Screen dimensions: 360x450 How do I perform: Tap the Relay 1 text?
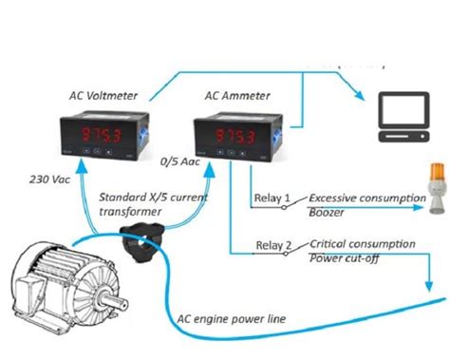coord(272,199)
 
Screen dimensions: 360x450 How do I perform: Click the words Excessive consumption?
coord(365,198)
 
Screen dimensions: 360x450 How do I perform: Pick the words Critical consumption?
coord(362,244)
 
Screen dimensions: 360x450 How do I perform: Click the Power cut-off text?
coord(342,259)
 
